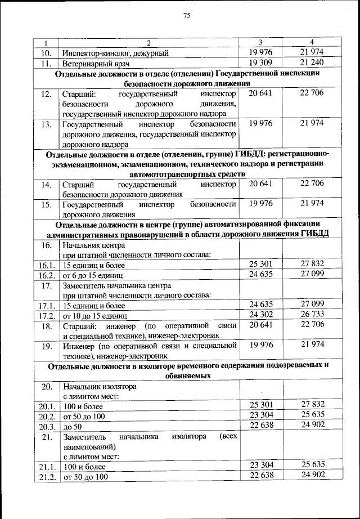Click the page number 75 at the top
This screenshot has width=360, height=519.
point(187,16)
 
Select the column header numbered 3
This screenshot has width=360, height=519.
point(260,43)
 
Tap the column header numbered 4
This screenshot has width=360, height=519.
point(312,43)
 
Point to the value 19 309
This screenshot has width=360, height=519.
point(260,62)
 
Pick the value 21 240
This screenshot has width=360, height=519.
point(312,62)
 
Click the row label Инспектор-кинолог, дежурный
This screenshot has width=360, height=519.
point(115,53)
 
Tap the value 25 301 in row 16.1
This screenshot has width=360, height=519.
point(260,263)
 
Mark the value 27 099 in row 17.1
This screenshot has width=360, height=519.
point(312,304)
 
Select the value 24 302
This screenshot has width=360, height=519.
point(260,314)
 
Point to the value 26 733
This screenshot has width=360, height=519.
point(312,314)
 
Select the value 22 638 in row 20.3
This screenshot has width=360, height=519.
point(260,424)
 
